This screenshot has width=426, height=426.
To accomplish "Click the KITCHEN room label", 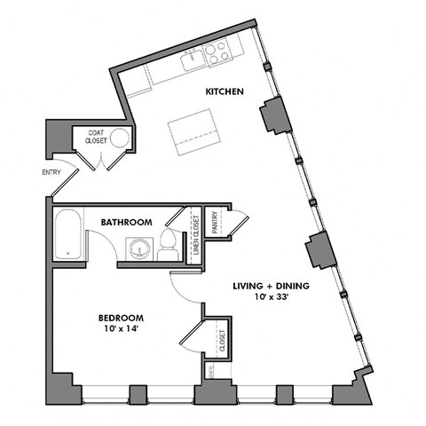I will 225,91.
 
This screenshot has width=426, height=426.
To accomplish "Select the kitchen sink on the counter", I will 191,61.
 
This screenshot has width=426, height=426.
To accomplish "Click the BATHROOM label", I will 126,222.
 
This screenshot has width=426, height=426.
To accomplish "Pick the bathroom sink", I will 138,248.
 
